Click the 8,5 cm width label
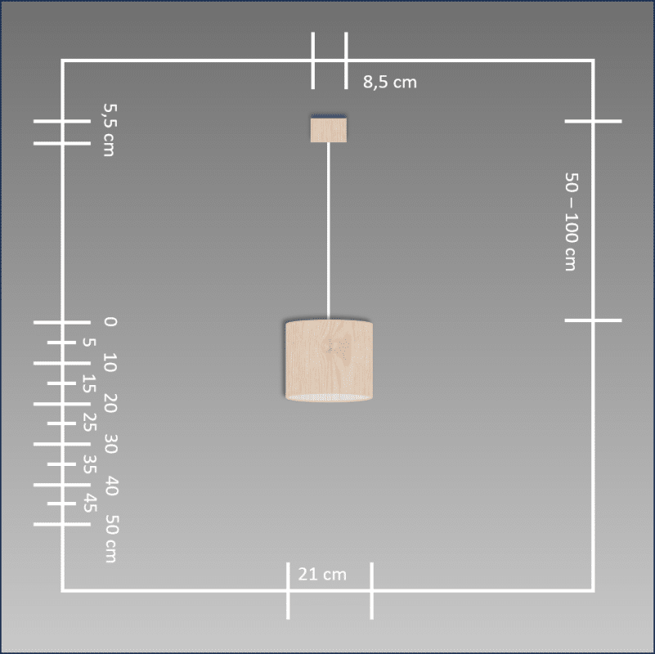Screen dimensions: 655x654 coord(390,82)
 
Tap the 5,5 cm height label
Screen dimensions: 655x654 coord(110,130)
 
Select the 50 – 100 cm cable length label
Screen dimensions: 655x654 coord(572,222)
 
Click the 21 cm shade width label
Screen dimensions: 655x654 coord(322,574)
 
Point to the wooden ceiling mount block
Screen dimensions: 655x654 coord(329,129)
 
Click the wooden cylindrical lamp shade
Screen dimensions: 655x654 coord(329,361)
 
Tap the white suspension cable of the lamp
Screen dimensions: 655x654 coord(329,231)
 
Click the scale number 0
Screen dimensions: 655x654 coord(110,321)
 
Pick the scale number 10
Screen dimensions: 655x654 coord(110,362)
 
